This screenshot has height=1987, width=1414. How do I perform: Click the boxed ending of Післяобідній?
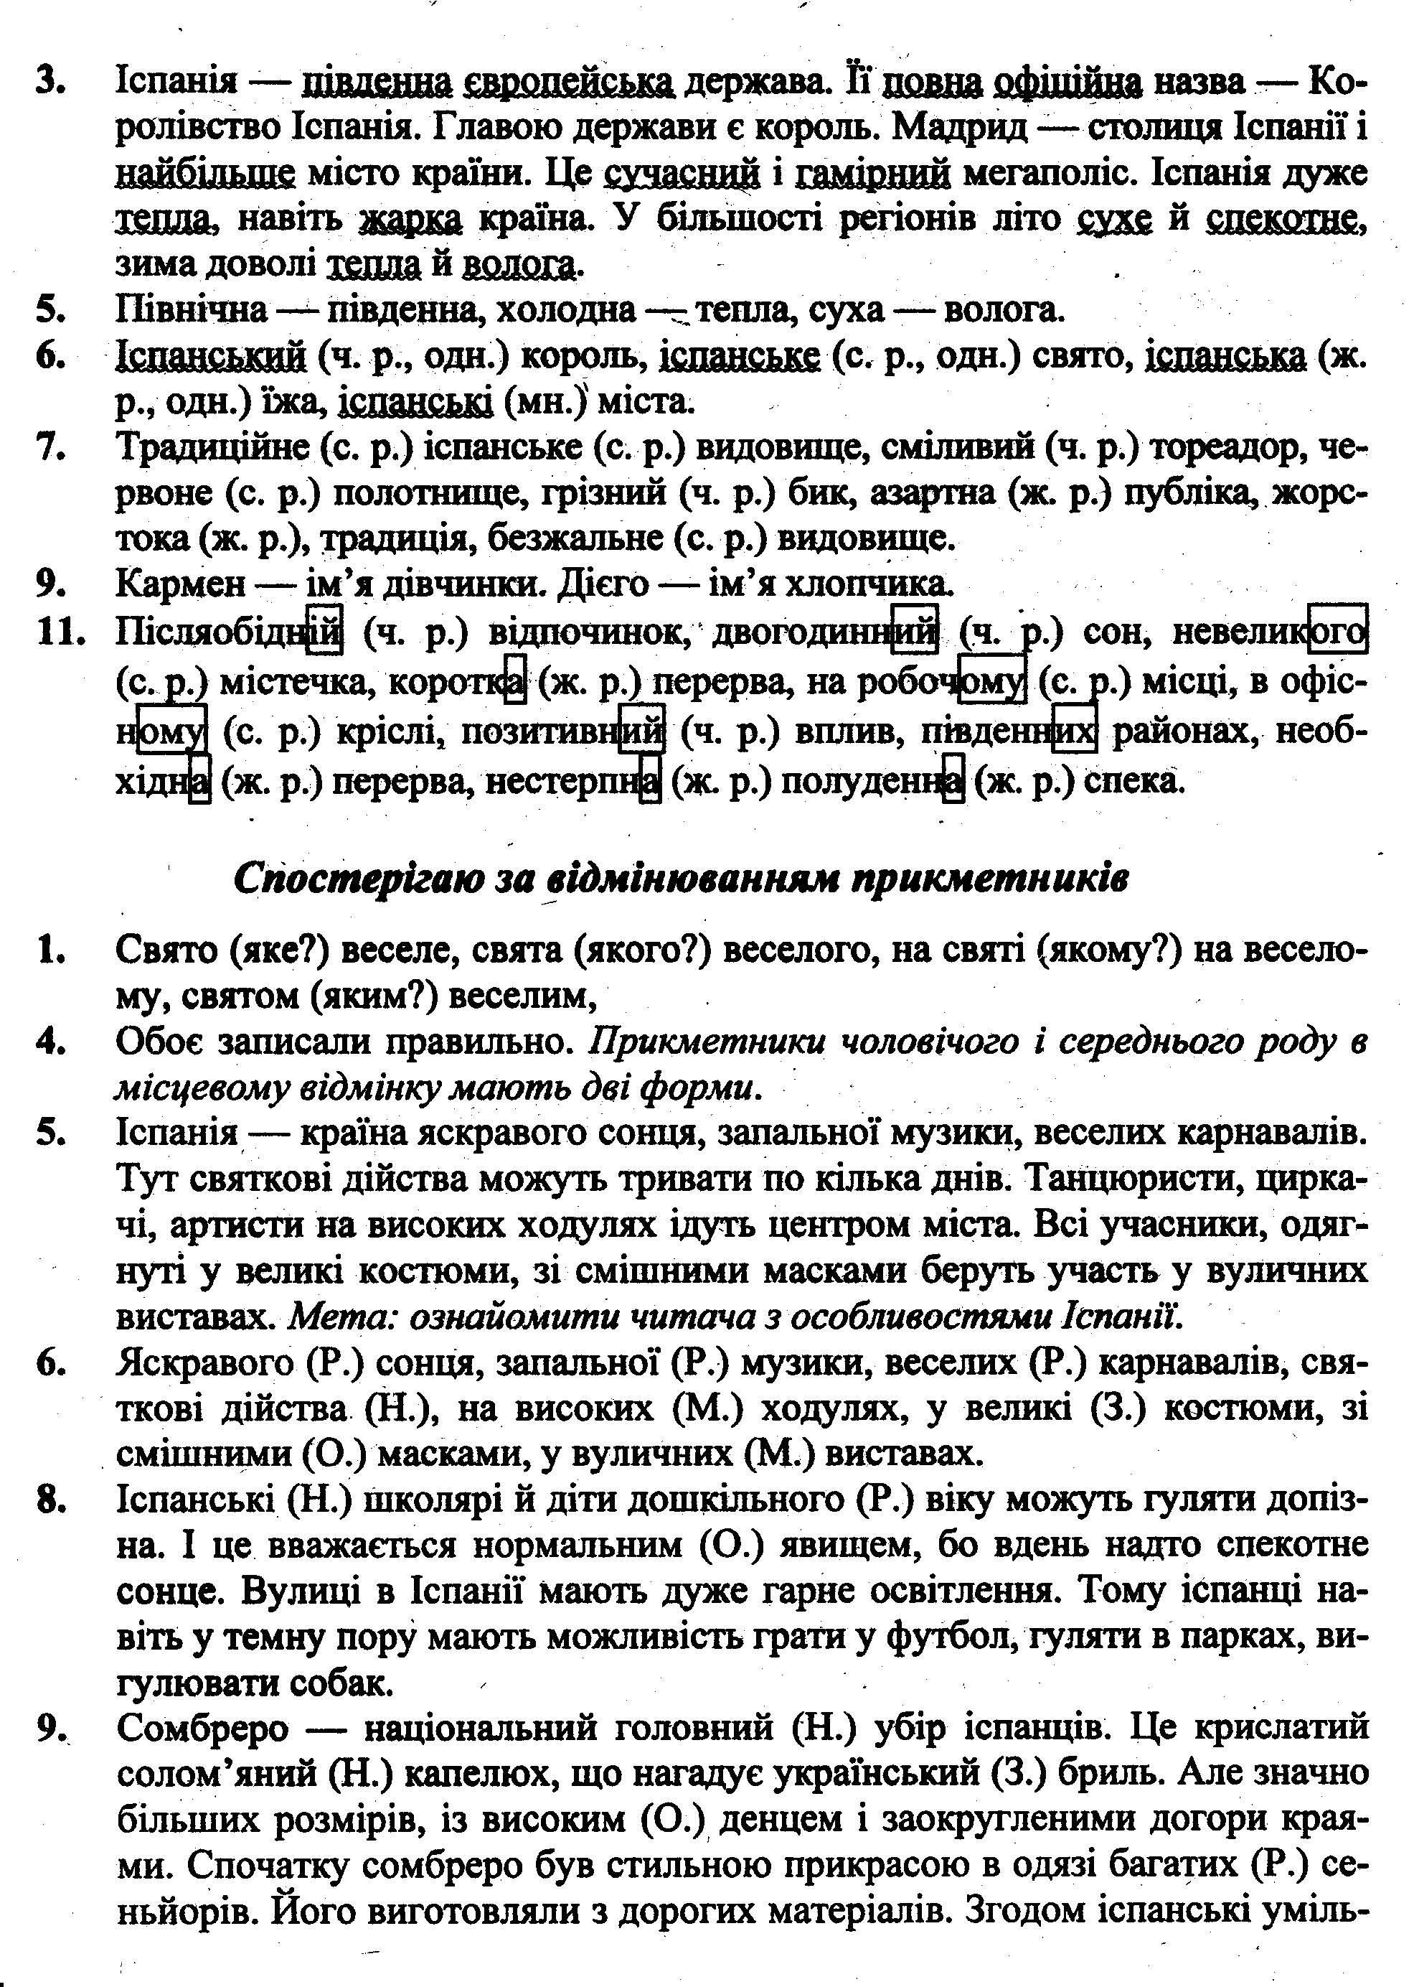pyautogui.click(x=325, y=630)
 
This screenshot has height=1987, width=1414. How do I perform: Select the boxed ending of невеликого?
pyautogui.click(x=1338, y=630)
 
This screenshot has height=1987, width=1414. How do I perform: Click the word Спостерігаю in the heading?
pyautogui.click(x=354, y=879)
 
